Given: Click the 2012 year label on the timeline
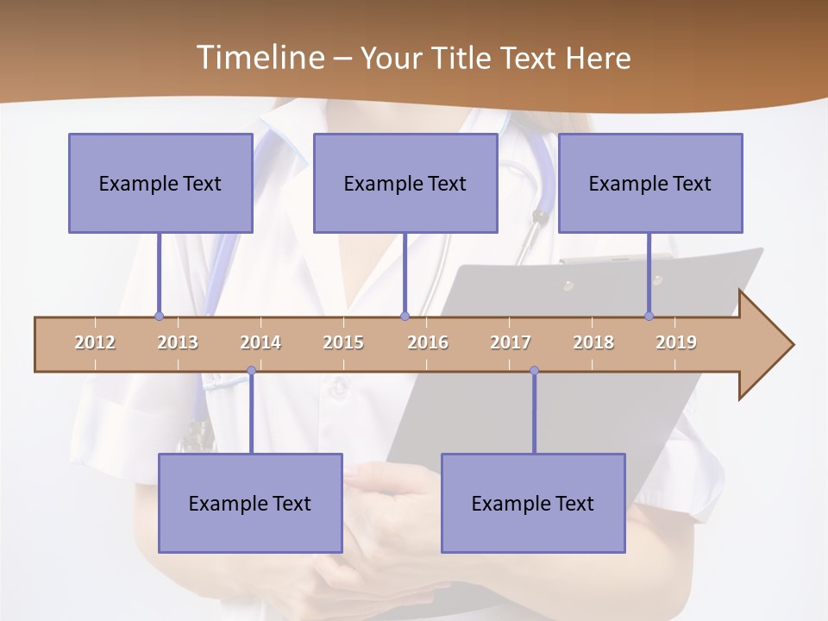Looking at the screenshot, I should [95, 342].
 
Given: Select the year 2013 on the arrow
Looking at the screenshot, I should [178, 342].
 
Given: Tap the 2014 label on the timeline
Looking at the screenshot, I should [260, 342].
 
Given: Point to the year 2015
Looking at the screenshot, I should [343, 342].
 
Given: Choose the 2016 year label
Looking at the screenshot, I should [428, 342].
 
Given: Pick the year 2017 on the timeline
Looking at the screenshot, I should [511, 342].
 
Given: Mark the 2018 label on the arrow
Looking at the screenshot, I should [593, 342].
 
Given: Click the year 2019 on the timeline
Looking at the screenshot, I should [676, 342].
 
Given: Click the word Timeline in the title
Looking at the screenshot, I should [259, 58].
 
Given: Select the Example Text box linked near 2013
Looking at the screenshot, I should [160, 183].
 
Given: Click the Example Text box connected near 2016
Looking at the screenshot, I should [405, 183].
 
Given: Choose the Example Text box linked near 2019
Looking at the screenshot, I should [650, 183].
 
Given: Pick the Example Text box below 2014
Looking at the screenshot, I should [250, 503].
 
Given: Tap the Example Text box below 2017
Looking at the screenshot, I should [533, 503].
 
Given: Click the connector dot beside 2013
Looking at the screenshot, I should [159, 317].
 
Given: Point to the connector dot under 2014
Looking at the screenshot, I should [251, 371].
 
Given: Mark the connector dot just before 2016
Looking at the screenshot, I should [405, 317].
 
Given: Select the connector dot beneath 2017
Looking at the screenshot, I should [534, 371].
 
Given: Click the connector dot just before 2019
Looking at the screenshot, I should [649, 317].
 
